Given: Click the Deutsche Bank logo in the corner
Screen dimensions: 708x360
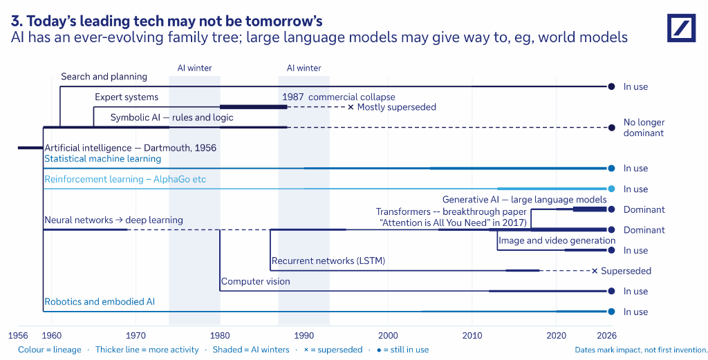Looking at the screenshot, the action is [681, 28].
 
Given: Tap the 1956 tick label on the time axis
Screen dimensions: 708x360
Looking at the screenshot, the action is [18, 336].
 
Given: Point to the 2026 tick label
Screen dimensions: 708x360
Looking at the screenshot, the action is [607, 336].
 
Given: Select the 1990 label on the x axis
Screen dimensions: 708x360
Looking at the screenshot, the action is [304, 336].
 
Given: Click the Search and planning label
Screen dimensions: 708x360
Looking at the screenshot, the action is [104, 77].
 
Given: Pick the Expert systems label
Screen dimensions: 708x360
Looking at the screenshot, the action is [127, 97].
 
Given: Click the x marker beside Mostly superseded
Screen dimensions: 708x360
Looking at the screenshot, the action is [351, 107].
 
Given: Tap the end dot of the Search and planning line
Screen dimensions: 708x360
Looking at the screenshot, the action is [611, 86].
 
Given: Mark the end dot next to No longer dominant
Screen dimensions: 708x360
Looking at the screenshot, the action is [611, 128].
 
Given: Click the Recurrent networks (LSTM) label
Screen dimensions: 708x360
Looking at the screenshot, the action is [328, 260].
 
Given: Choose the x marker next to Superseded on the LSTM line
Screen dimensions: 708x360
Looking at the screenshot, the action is [595, 271].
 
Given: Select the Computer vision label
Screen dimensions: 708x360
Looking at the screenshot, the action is [256, 281].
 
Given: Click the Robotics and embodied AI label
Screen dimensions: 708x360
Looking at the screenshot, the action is [100, 302].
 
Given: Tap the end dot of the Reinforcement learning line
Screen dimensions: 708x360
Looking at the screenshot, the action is [611, 189].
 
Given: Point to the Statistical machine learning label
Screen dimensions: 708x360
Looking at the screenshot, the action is [102, 159].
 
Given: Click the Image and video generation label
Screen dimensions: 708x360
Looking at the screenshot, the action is [557, 240].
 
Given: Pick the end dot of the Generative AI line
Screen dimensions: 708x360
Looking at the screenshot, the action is [611, 209].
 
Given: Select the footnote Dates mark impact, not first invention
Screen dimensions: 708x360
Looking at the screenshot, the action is [641, 350].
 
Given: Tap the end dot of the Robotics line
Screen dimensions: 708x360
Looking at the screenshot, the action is [611, 312].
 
